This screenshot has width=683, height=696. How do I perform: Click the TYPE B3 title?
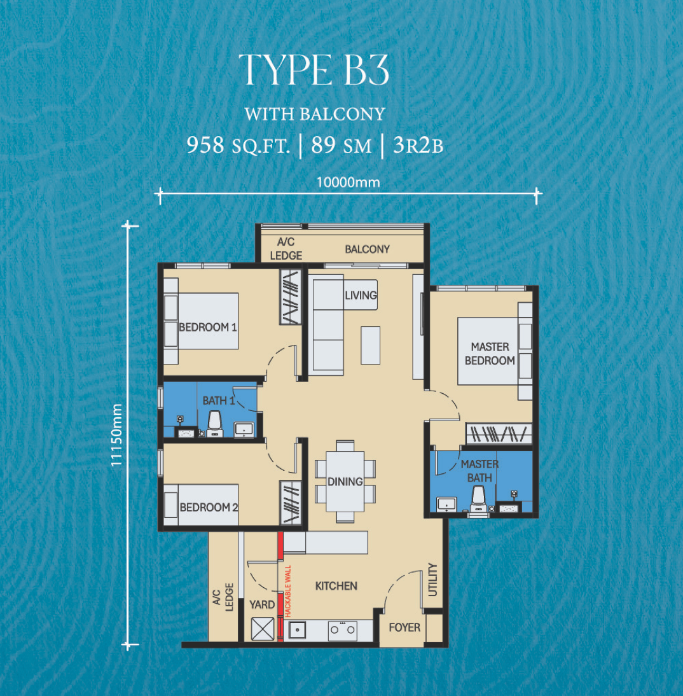(x=314, y=70)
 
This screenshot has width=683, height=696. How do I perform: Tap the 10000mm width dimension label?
(x=348, y=183)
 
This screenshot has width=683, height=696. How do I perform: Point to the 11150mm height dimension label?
(x=116, y=435)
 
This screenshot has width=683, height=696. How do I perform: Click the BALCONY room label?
(x=367, y=249)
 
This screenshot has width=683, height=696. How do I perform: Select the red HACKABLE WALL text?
(x=287, y=591)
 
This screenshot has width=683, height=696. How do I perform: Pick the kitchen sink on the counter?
(x=298, y=630)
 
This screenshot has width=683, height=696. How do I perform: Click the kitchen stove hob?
(x=342, y=630)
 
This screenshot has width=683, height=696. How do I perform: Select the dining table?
(x=345, y=482)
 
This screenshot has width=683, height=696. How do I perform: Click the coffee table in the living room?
(x=370, y=345)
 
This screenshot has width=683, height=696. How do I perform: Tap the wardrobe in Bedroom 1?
(x=291, y=297)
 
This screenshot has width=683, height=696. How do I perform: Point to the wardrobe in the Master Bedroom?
(x=499, y=434)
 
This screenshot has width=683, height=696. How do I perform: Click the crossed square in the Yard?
(x=263, y=629)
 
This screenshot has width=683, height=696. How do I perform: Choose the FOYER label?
(x=404, y=627)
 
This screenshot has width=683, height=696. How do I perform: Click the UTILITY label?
(x=432, y=580)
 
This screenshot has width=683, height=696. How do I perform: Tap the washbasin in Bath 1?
(x=244, y=429)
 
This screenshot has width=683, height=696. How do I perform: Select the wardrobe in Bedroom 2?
(x=291, y=503)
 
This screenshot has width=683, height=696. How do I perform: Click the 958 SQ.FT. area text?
(x=238, y=145)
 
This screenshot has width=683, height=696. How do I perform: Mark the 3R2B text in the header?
(x=418, y=145)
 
